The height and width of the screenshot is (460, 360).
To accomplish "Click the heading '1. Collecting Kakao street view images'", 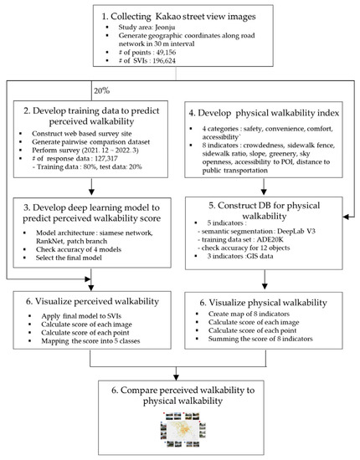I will (x=179, y=18).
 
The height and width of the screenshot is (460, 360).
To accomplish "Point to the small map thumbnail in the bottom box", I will (x=179, y=434).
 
